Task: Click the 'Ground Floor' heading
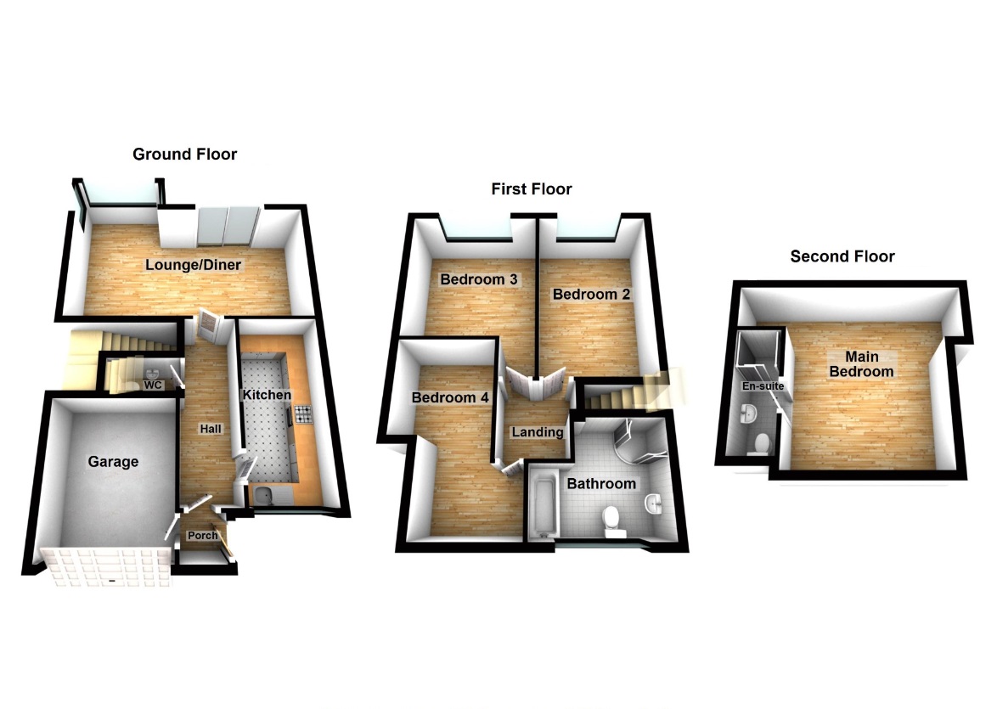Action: [x=184, y=155]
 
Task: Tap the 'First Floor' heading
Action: [x=532, y=189]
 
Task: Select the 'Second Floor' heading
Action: [x=842, y=256]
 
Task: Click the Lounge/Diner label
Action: [x=194, y=265]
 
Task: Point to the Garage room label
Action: [x=113, y=462]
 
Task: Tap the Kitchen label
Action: [x=267, y=395]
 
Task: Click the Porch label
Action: [x=203, y=536]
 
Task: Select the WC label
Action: [x=153, y=385]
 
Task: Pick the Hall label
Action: [x=211, y=429]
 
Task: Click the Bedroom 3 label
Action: [x=479, y=279]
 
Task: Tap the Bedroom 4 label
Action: [x=450, y=398]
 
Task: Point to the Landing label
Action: [x=538, y=432]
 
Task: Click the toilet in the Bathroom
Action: [x=611, y=520]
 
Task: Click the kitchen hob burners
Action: [x=303, y=414]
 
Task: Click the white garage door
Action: [x=106, y=566]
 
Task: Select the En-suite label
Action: [x=763, y=386]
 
